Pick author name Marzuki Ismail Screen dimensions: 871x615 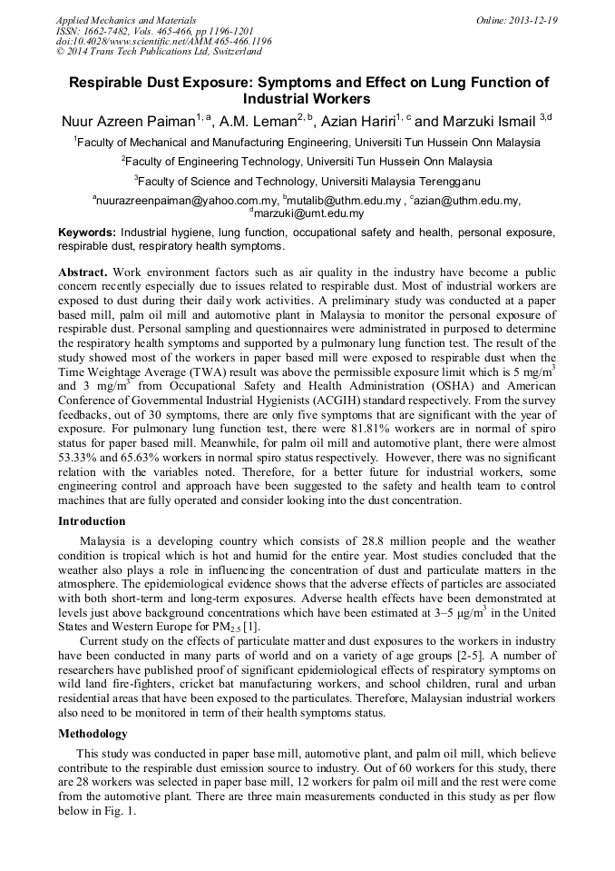tap(490, 121)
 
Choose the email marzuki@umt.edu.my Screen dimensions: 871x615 tap(308, 214)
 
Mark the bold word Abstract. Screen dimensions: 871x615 tap(83, 272)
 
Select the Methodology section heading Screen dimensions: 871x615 tap(93, 733)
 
